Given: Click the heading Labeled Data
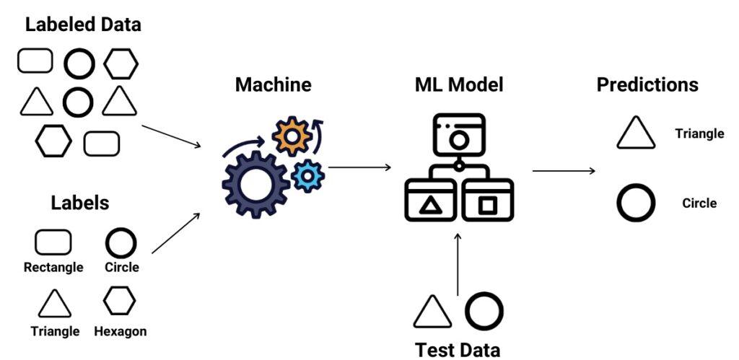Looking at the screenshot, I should [83, 25].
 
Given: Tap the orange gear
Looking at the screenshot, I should [291, 135].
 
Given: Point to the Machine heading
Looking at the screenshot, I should [273, 84].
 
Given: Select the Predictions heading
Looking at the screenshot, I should [647, 84].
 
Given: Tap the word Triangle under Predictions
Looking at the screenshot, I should [699, 133].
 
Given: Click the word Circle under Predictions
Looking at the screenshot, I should [699, 203].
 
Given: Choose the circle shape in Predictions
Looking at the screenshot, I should [636, 203].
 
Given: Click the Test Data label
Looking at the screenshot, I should [458, 350].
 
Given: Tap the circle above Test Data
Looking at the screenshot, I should [484, 310].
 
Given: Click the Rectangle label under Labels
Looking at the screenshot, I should [53, 268].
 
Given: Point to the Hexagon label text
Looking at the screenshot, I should [121, 332].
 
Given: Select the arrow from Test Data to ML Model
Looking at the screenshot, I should [458, 263].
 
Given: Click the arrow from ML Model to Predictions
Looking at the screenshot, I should [564, 171].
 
